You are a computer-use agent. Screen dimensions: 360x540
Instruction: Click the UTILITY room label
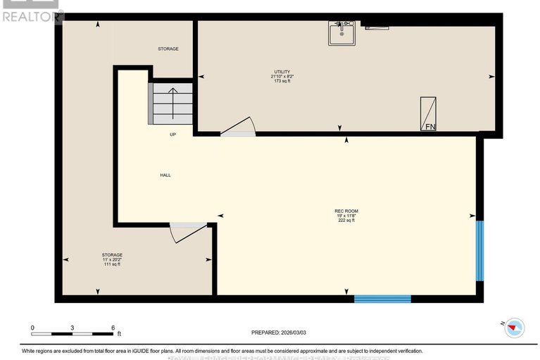pyautogui.click(x=282, y=72)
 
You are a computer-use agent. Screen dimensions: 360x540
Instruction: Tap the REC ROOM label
pyautogui.click(x=346, y=211)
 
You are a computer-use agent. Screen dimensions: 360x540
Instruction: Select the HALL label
pyautogui.click(x=165, y=175)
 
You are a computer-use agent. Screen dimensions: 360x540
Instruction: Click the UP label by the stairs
pyautogui.click(x=172, y=134)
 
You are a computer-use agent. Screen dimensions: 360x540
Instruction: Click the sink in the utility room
pyautogui.click(x=341, y=32)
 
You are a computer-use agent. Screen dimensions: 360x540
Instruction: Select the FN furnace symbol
pyautogui.click(x=429, y=114)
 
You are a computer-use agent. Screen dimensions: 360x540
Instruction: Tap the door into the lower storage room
pyautogui.click(x=188, y=232)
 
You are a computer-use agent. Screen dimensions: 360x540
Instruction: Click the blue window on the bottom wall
pyautogui.click(x=382, y=299)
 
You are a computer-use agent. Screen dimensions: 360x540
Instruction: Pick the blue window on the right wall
pyautogui.click(x=479, y=251)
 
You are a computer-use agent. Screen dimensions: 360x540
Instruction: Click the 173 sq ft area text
pyautogui.click(x=282, y=81)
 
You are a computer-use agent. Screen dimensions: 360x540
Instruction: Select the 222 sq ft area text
pyautogui.click(x=346, y=221)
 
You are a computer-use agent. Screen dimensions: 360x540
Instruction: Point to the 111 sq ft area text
pyautogui.click(x=112, y=264)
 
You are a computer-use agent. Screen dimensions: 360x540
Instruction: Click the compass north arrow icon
pyautogui.click(x=515, y=326)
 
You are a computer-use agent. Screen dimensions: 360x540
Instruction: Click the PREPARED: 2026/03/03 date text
pyautogui.click(x=280, y=333)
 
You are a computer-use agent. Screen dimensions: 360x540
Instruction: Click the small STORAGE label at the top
pyautogui.click(x=168, y=49)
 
